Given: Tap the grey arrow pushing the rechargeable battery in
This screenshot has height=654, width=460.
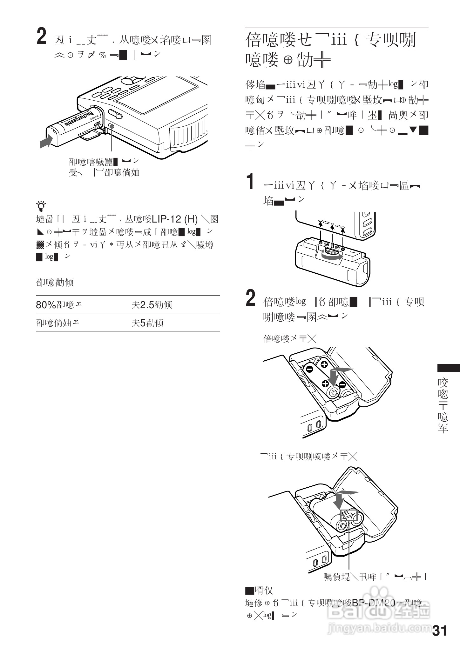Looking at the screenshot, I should (46, 141).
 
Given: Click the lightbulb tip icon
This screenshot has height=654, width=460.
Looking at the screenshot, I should (41, 206).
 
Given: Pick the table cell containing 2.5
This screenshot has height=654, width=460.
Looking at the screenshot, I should (152, 305).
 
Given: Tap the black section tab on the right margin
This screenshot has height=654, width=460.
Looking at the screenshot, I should (449, 368).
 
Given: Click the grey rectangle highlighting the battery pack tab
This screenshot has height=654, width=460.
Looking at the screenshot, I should (349, 515).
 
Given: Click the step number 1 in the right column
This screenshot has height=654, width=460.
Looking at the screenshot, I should (251, 182).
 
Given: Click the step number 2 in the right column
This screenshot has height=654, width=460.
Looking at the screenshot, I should (251, 298).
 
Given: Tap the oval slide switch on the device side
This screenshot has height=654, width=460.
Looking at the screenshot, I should (115, 114).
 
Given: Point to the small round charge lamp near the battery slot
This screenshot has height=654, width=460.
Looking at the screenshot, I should (111, 126).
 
